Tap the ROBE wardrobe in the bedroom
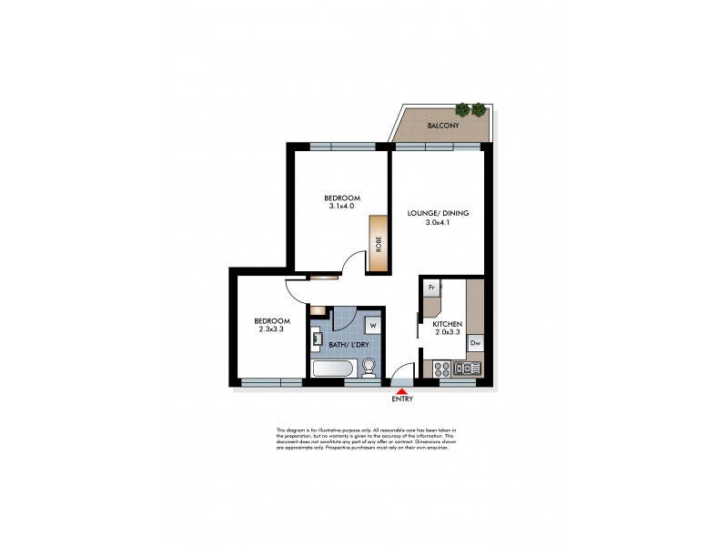point(377,244)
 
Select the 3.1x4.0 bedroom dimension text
point(341,207)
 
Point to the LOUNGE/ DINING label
point(438,213)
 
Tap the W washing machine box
point(373,324)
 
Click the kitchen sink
point(466,369)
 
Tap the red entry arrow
point(400,390)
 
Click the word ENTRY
point(401,399)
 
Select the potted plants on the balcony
point(470,110)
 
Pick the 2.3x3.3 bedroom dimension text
point(271,329)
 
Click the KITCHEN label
point(448,325)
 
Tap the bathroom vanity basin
point(318,340)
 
